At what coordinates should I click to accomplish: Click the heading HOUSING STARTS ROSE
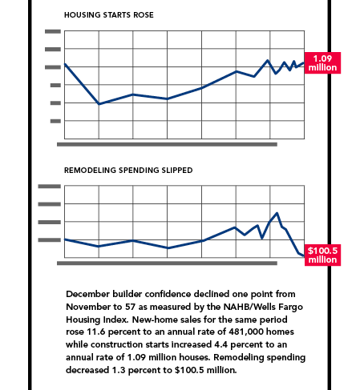tap(109, 15)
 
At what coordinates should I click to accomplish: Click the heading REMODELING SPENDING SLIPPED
tap(128, 171)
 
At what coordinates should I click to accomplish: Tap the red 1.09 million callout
tap(322, 63)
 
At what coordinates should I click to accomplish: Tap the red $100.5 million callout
tap(322, 255)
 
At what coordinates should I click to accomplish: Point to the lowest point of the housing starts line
tap(99, 104)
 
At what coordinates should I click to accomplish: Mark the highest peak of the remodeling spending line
tap(277, 213)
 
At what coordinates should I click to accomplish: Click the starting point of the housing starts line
tap(65, 64)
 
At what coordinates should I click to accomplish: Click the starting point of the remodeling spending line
tap(65, 239)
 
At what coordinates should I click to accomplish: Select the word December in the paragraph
tap(87, 294)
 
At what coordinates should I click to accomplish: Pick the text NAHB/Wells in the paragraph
tap(249, 307)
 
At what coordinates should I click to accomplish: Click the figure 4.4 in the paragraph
tap(221, 344)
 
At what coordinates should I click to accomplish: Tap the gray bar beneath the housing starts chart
tap(167, 144)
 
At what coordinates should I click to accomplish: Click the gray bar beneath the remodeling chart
tap(167, 263)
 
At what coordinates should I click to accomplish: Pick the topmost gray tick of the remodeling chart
tap(50, 187)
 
